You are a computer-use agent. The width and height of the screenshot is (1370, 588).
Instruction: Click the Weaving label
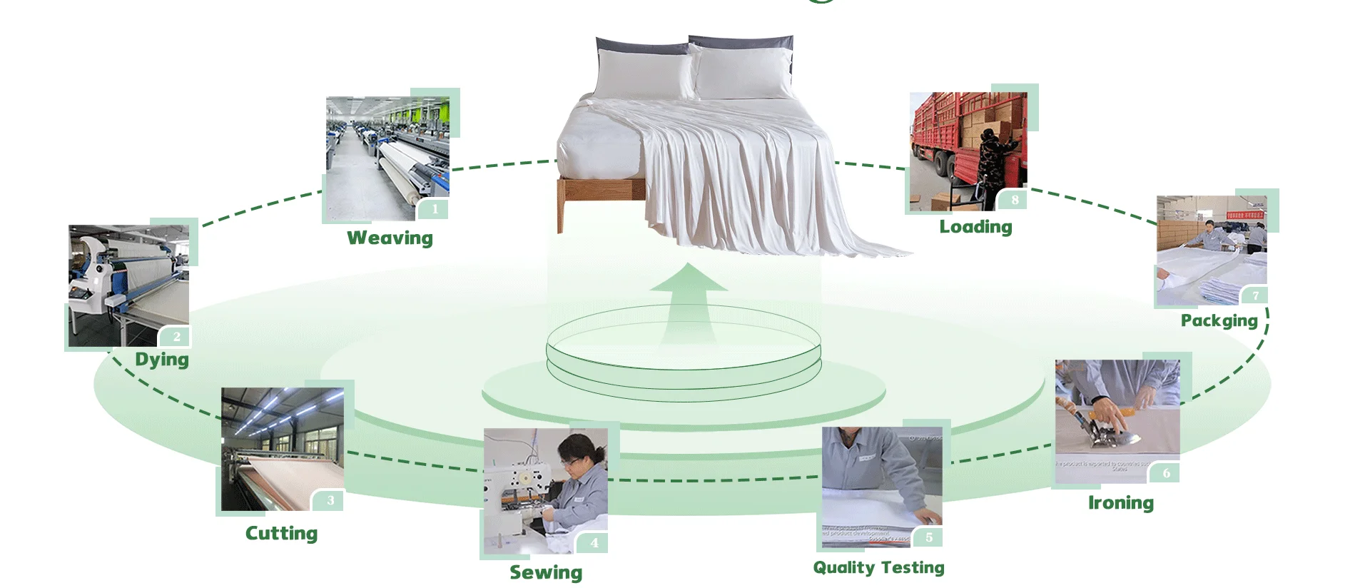coord(390,238)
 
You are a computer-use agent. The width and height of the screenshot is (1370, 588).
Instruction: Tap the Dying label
coord(162,359)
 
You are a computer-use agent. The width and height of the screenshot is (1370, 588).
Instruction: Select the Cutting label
coord(281,533)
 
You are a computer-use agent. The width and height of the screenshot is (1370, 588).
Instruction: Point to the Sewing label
coord(546,572)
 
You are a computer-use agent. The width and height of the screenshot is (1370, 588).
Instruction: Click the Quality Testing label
coord(878,567)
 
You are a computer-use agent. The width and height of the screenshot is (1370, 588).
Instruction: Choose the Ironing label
coord(1120,503)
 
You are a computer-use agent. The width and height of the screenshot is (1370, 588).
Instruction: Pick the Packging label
coord(1219,320)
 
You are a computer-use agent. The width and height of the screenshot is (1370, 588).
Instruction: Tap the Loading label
coord(975,227)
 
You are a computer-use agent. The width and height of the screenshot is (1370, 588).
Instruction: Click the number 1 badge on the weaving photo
coord(435,209)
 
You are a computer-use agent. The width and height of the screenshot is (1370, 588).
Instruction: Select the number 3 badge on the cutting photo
coord(330,500)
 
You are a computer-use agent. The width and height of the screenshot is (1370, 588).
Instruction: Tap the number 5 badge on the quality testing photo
coord(929,537)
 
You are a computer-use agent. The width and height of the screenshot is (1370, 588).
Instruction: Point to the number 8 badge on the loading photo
coord(1015,200)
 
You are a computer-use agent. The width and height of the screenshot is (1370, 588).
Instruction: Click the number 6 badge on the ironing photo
coord(1166,472)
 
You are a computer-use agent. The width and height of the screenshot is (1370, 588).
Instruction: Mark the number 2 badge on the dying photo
coord(177,337)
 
